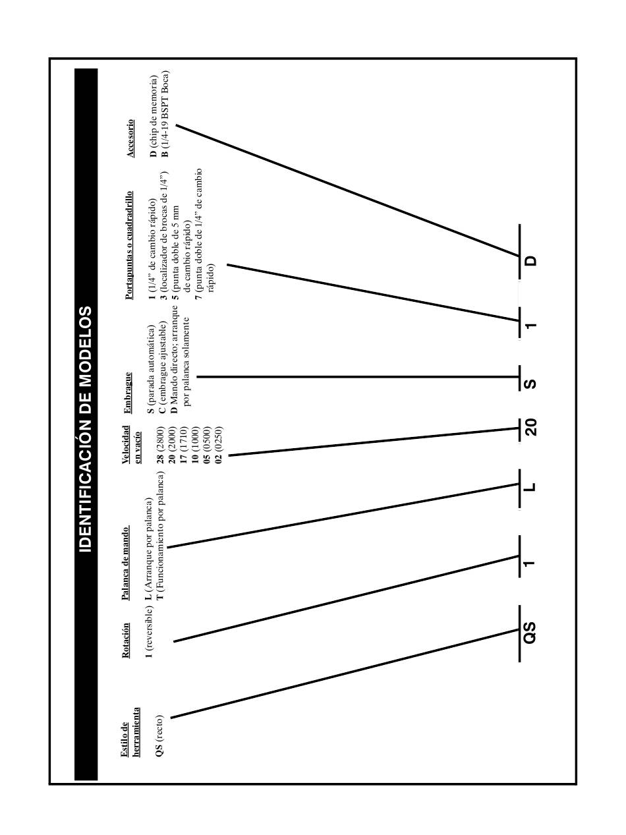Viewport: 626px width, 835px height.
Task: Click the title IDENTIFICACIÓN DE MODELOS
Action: (86, 430)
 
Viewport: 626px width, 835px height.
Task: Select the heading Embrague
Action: (127, 393)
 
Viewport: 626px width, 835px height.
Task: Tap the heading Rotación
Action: (125, 640)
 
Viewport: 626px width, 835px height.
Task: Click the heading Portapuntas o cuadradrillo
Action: (129, 245)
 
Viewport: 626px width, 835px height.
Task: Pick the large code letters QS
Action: (529, 632)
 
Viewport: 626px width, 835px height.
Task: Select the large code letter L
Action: (529, 487)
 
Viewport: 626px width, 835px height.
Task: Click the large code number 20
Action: (530, 427)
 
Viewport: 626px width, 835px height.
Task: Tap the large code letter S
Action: (529, 383)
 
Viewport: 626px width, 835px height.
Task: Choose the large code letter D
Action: (530, 260)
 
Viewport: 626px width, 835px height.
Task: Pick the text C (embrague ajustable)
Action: (162, 372)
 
